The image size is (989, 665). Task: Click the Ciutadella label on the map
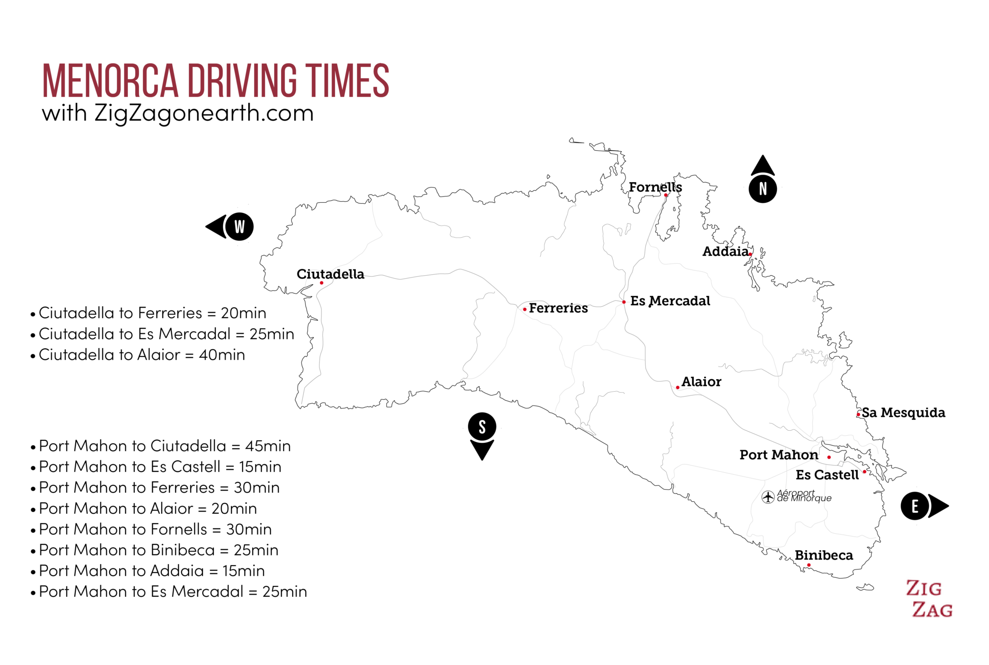330,274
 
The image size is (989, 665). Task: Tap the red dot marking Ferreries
525,309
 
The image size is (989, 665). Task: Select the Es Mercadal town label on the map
670,301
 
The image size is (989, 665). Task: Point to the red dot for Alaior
678,387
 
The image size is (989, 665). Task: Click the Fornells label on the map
655,187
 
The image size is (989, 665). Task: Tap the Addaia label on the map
725,251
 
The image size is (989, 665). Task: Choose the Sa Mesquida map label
903,412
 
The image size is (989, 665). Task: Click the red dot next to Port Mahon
829,457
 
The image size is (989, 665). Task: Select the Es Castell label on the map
827,475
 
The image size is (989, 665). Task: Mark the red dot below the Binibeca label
809,565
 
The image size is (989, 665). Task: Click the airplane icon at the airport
768,496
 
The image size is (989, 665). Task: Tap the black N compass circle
763,189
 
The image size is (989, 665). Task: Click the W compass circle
240,226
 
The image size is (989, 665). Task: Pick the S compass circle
482,427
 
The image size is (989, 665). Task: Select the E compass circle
915,506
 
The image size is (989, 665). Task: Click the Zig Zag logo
929,599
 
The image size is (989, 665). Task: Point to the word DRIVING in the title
242,81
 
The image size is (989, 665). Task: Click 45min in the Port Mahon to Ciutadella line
268,446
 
